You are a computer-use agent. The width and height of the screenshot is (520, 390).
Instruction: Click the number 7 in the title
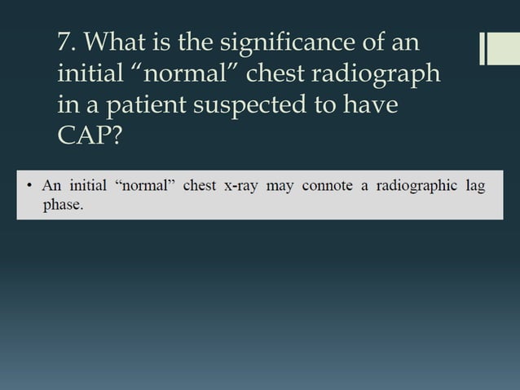click(65, 41)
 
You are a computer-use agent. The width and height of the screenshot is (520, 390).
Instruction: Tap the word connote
click(327, 186)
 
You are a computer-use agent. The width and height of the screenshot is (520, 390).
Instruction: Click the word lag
click(475, 186)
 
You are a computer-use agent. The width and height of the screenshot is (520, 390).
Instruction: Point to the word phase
click(63, 204)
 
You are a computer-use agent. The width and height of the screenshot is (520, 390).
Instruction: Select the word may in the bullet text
click(280, 186)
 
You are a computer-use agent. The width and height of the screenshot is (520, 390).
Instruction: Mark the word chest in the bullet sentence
click(200, 186)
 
